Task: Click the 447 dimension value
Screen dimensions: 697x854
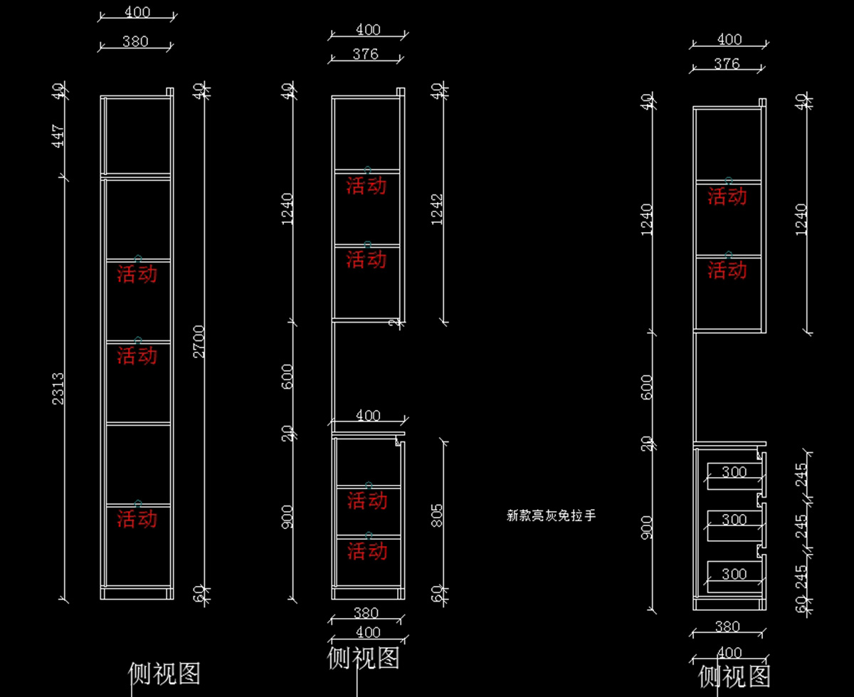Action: (58, 136)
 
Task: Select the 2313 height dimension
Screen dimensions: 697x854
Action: (58, 389)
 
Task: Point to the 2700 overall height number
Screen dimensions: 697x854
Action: (199, 342)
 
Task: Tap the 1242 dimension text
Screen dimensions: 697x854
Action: (437, 209)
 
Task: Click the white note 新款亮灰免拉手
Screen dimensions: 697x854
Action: (551, 516)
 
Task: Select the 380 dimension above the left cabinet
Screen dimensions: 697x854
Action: (135, 41)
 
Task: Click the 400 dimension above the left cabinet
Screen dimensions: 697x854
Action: (137, 12)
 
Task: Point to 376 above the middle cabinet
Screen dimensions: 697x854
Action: (366, 54)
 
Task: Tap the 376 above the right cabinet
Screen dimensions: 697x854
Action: (727, 64)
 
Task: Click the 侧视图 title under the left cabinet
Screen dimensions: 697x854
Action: (164, 673)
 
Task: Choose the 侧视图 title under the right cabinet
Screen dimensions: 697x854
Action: (734, 676)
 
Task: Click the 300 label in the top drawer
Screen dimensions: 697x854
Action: (734, 472)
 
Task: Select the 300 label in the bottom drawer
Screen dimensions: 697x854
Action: (734, 574)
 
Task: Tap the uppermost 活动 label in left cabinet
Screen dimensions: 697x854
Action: (137, 274)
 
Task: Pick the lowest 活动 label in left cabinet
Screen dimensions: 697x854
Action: (137, 519)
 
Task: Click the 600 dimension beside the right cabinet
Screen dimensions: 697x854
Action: (647, 387)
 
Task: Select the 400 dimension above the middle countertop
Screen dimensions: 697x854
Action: (368, 416)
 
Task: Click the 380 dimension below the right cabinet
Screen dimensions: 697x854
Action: (727, 627)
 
